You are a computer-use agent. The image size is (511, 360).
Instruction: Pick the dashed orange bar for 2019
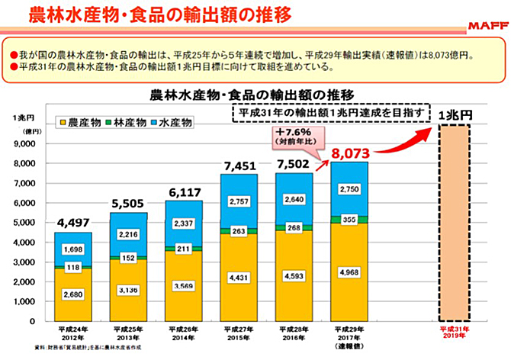(x=466, y=221)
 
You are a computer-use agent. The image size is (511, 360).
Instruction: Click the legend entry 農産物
(x=84, y=121)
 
